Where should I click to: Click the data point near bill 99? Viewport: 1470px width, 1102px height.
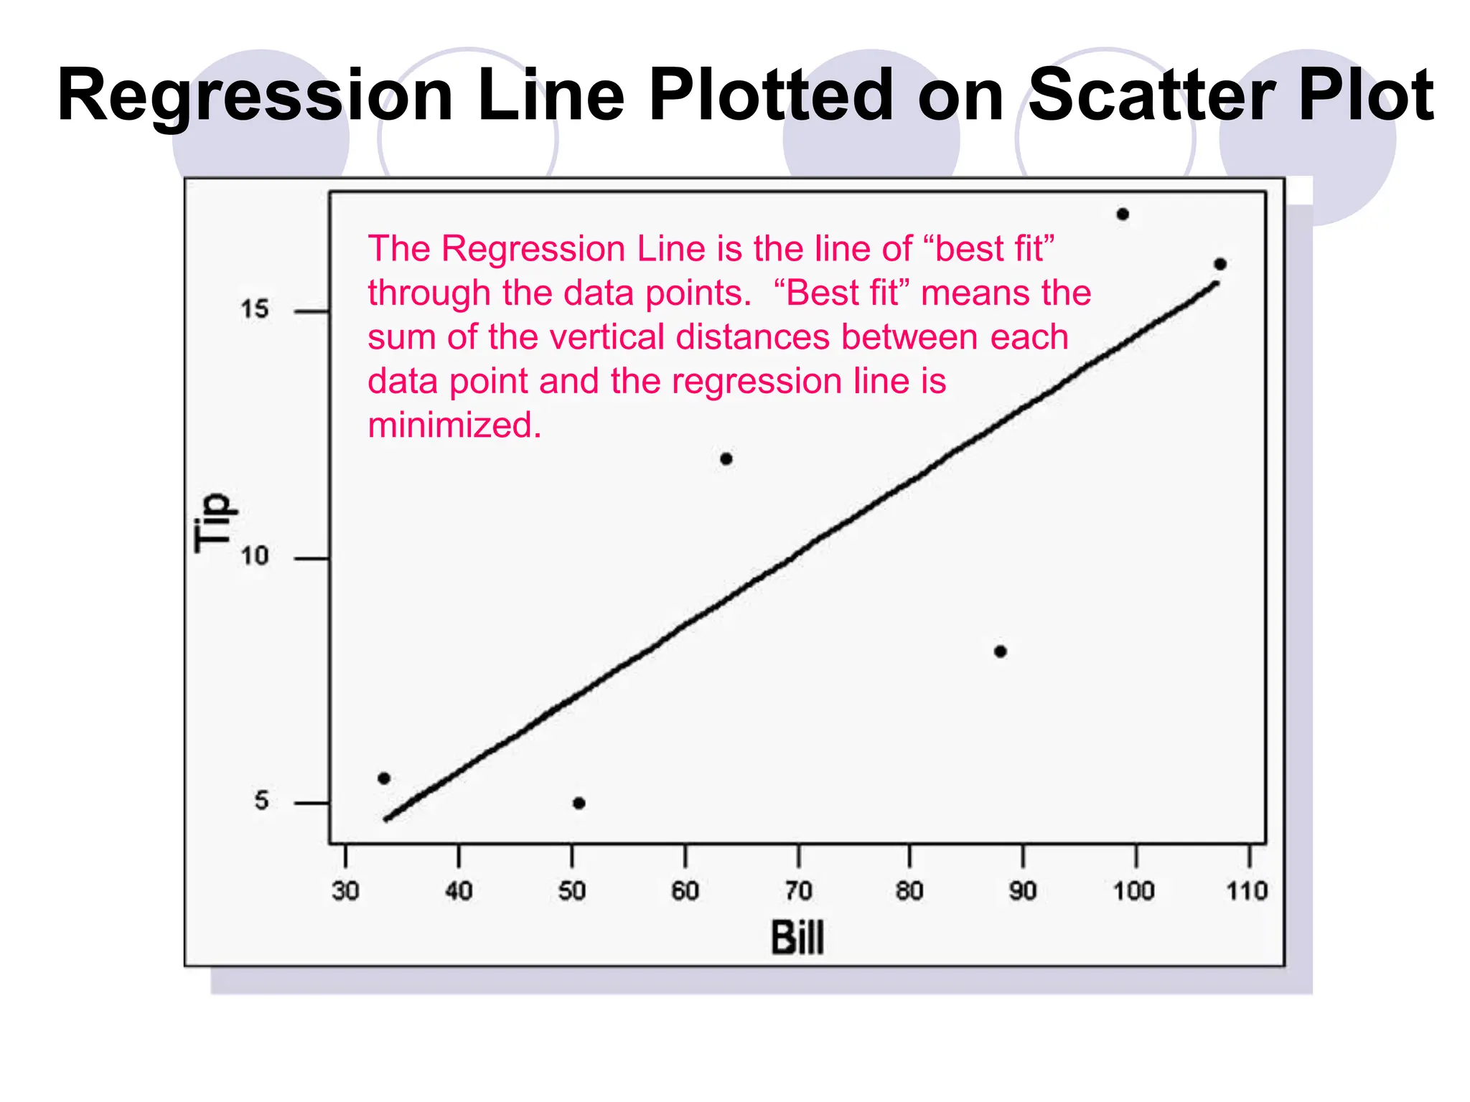click(x=1123, y=214)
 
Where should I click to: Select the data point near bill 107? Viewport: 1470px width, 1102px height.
click(x=1220, y=264)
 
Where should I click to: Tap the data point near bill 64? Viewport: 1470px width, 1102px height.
click(x=726, y=458)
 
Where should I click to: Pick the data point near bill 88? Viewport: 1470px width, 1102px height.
click(x=1001, y=651)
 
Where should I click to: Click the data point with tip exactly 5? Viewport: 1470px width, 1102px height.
click(x=579, y=803)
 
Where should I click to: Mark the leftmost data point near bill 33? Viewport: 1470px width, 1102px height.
click(x=384, y=778)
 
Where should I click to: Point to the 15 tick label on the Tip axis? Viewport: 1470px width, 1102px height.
click(x=254, y=309)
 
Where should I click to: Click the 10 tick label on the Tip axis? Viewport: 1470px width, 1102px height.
click(x=254, y=556)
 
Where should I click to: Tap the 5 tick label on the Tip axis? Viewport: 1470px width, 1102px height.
click(x=261, y=801)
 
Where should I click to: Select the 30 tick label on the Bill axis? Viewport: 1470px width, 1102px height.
click(x=345, y=891)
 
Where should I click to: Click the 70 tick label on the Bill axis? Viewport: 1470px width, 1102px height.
click(x=798, y=891)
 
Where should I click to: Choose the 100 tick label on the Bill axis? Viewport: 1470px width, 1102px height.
click(x=1134, y=891)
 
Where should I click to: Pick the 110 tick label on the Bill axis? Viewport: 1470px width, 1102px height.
click(x=1247, y=891)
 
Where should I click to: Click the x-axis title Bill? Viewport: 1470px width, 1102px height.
click(x=797, y=938)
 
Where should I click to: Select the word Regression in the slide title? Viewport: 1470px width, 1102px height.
click(x=255, y=95)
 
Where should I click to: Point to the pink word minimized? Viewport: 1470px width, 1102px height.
click(x=454, y=425)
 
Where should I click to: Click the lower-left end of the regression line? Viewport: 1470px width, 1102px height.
click(x=387, y=819)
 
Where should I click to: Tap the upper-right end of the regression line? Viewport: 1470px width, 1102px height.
click(x=1217, y=284)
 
